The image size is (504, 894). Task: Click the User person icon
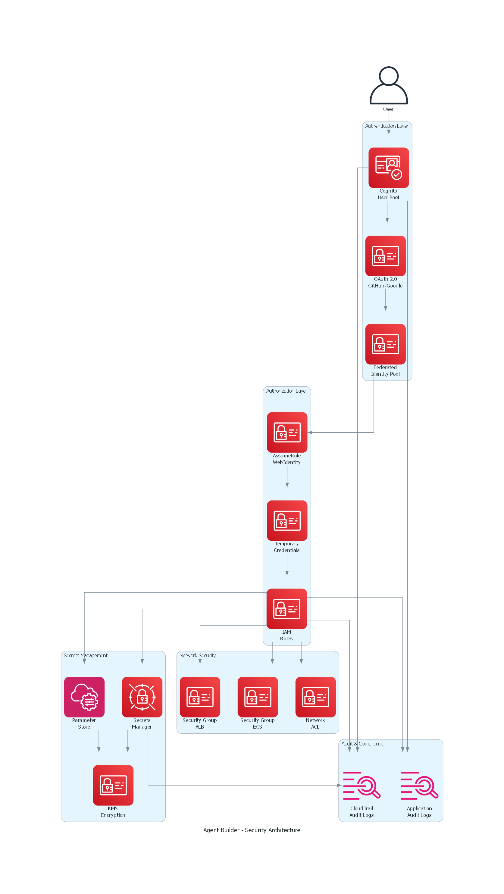pyautogui.click(x=389, y=85)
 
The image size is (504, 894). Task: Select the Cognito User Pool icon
pyautogui.click(x=389, y=168)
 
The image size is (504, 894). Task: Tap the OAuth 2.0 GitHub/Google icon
pyautogui.click(x=385, y=256)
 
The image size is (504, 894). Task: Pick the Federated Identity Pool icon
pyautogui.click(x=385, y=344)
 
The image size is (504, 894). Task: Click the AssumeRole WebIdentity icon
pyautogui.click(x=287, y=432)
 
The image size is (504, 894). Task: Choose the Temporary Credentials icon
pyautogui.click(x=287, y=520)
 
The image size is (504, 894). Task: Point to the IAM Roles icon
pyautogui.click(x=286, y=608)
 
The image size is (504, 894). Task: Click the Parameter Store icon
pyautogui.click(x=84, y=697)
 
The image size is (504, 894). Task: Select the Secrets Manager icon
pyautogui.click(x=142, y=697)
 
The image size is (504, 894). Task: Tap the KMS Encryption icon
pyautogui.click(x=113, y=785)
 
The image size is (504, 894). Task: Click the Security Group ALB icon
pyautogui.click(x=200, y=697)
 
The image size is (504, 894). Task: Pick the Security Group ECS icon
pyautogui.click(x=258, y=697)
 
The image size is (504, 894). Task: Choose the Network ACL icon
pyautogui.click(x=315, y=697)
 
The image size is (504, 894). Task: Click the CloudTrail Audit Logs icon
pyautogui.click(x=362, y=785)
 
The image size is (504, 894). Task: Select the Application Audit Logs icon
pyautogui.click(x=419, y=785)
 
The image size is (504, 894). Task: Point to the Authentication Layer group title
pyautogui.click(x=387, y=126)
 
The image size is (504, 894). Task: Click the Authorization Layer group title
pyautogui.click(x=286, y=391)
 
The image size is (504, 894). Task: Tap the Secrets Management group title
pyautogui.click(x=86, y=655)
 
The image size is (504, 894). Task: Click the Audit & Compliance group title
pyautogui.click(x=362, y=743)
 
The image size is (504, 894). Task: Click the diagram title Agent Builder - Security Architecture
pyautogui.click(x=252, y=830)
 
